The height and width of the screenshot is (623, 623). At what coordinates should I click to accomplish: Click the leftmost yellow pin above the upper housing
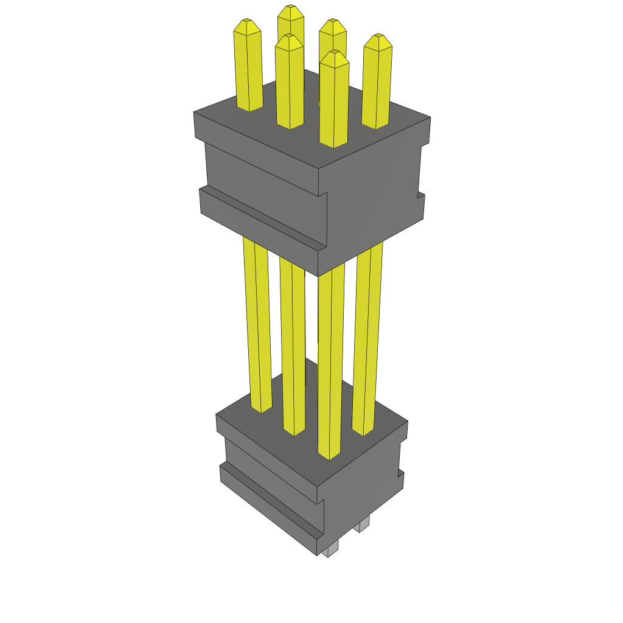tap(248, 67)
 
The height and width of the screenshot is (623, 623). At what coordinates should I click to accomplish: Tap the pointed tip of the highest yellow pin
tap(291, 10)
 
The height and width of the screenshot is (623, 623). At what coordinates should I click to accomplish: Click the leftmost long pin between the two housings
tap(257, 322)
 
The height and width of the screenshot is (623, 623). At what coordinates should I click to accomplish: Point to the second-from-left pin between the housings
tap(292, 347)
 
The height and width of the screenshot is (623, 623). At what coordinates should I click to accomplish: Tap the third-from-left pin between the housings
tap(330, 365)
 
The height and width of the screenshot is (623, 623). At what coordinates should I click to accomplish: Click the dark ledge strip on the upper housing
tap(262, 219)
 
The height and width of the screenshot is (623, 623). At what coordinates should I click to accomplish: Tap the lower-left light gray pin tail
tap(330, 551)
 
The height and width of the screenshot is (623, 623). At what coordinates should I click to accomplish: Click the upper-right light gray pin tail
tap(364, 524)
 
